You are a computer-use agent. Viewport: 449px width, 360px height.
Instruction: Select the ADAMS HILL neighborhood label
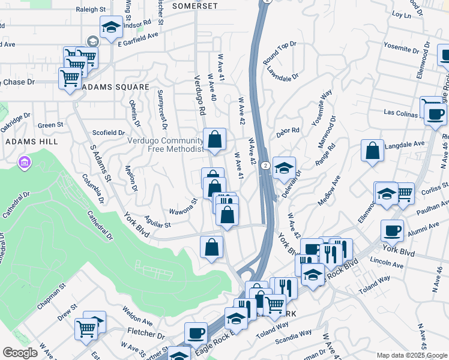pos(32,141)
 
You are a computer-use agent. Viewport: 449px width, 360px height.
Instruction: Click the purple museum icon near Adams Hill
pos(25,162)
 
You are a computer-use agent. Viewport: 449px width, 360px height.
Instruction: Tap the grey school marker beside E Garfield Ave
pos(92,41)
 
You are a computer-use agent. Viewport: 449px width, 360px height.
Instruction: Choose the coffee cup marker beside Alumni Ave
pos(393,230)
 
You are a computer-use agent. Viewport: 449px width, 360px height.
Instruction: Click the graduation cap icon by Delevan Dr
pos(284,167)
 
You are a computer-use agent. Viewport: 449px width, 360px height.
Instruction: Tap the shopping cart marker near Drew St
pos(86,328)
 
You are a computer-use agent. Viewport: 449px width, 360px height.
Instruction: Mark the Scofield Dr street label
pos(109,132)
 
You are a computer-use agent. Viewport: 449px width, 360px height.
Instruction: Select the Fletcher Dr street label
pos(145,332)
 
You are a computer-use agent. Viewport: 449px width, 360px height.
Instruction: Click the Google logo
pos(20,353)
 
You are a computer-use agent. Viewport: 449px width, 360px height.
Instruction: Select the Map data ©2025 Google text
pos(411,355)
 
